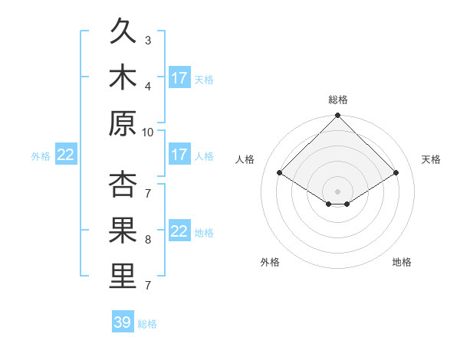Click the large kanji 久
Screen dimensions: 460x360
tap(123, 31)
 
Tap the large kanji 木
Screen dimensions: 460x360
tap(123, 77)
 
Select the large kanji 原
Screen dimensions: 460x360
tap(123, 123)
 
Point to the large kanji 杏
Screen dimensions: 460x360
tap(123, 184)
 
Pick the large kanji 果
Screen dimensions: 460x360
tap(123, 230)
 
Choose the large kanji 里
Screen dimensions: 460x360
tap(123, 276)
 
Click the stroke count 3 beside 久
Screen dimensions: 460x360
tap(148, 41)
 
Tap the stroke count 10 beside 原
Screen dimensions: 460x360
tap(147, 133)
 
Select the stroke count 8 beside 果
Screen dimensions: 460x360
tap(148, 240)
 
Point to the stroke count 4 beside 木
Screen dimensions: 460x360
tap(148, 87)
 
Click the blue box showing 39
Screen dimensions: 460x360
tap(123, 321)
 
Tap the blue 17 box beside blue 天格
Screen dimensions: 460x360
tap(180, 77)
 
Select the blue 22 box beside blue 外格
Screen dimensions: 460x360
tap(66, 154)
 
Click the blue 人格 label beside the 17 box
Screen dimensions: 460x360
tap(204, 156)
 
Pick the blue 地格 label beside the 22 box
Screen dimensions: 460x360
tap(204, 233)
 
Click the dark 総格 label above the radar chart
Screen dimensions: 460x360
tap(338, 100)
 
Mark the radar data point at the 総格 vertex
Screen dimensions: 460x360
tap(337, 115)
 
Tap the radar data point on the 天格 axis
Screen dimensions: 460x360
tap(396, 172)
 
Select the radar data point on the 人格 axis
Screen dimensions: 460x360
tap(280, 172)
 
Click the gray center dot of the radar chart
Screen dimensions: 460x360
tap(337, 191)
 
